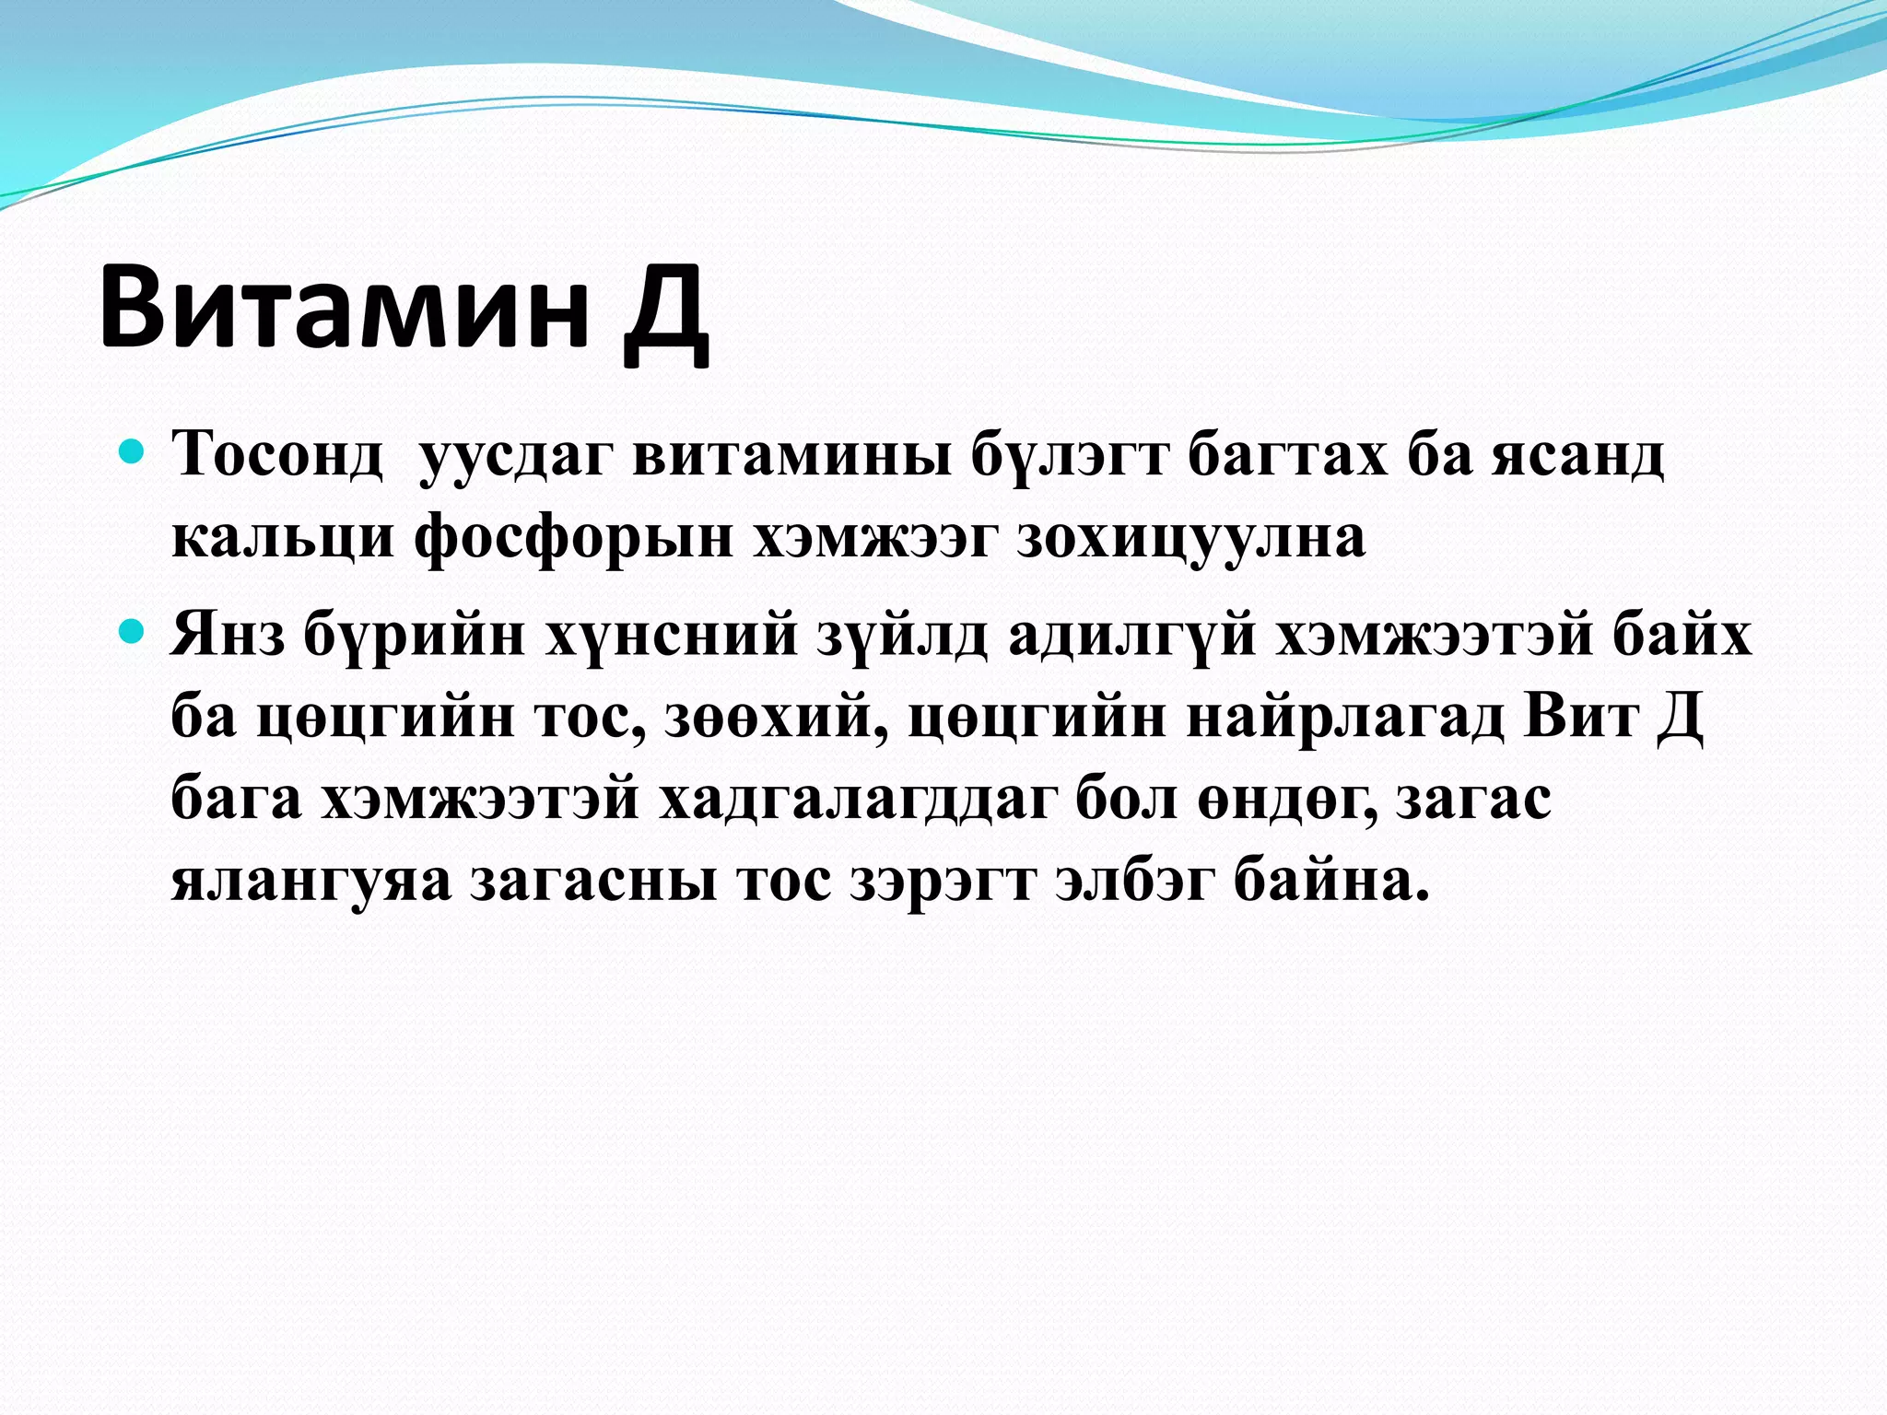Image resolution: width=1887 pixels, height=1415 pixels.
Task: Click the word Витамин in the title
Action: coord(343,306)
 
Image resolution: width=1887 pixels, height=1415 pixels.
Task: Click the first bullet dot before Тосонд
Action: coord(133,452)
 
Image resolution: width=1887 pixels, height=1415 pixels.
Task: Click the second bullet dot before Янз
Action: coord(133,632)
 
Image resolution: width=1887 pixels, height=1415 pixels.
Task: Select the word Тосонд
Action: coord(276,455)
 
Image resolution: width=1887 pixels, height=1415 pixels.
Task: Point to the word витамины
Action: coord(792,455)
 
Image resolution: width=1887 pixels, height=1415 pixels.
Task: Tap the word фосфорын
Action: coord(574,538)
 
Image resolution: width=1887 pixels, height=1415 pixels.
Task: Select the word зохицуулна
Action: coord(1190,538)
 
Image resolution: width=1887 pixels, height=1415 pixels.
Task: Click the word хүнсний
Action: coord(672,635)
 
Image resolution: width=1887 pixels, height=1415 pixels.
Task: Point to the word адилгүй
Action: coord(1132,635)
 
